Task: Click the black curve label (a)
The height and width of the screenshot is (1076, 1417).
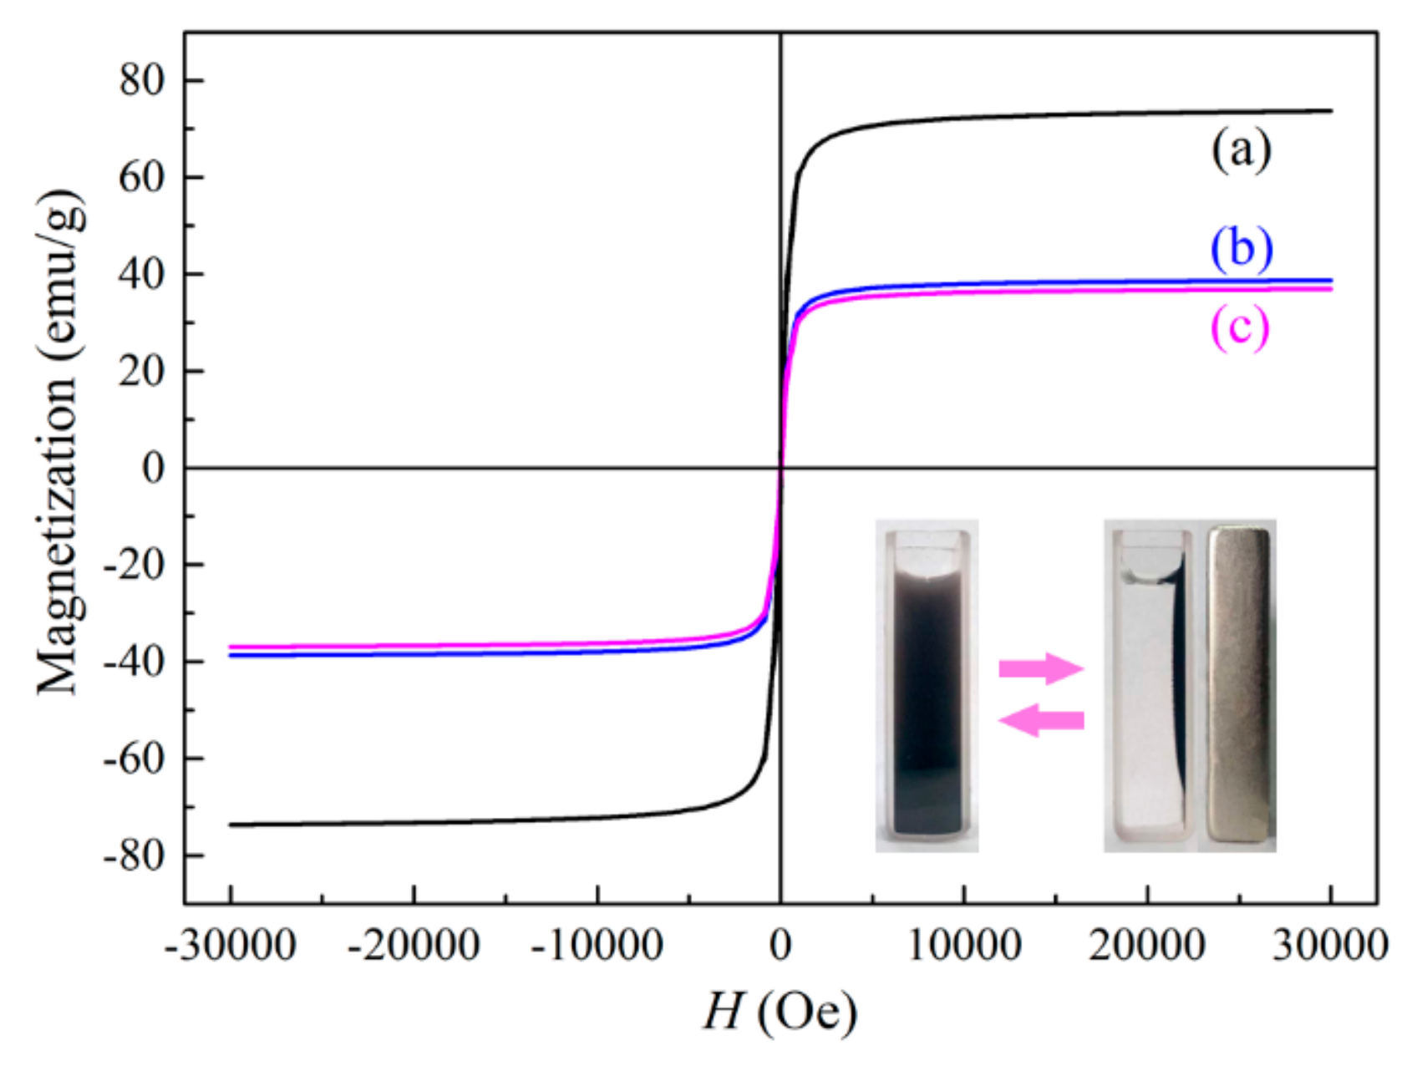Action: click(1241, 152)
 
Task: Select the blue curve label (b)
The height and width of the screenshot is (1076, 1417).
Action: click(1242, 250)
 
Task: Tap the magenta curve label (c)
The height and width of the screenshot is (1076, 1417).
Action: click(1240, 328)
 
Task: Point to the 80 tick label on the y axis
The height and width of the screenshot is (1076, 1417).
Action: click(142, 81)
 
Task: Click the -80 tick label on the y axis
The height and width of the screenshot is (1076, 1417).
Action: click(134, 855)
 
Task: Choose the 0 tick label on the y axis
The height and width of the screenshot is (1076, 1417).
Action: click(154, 468)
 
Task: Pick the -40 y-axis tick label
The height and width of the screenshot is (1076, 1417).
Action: click(134, 662)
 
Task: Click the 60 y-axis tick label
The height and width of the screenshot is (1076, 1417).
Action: click(142, 178)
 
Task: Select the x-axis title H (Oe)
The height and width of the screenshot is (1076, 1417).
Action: click(780, 1013)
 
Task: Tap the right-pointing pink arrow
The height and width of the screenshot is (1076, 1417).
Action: click(1041, 668)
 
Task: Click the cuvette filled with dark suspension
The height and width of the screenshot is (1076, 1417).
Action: click(927, 685)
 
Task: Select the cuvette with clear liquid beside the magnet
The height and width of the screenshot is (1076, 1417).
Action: click(1150, 685)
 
